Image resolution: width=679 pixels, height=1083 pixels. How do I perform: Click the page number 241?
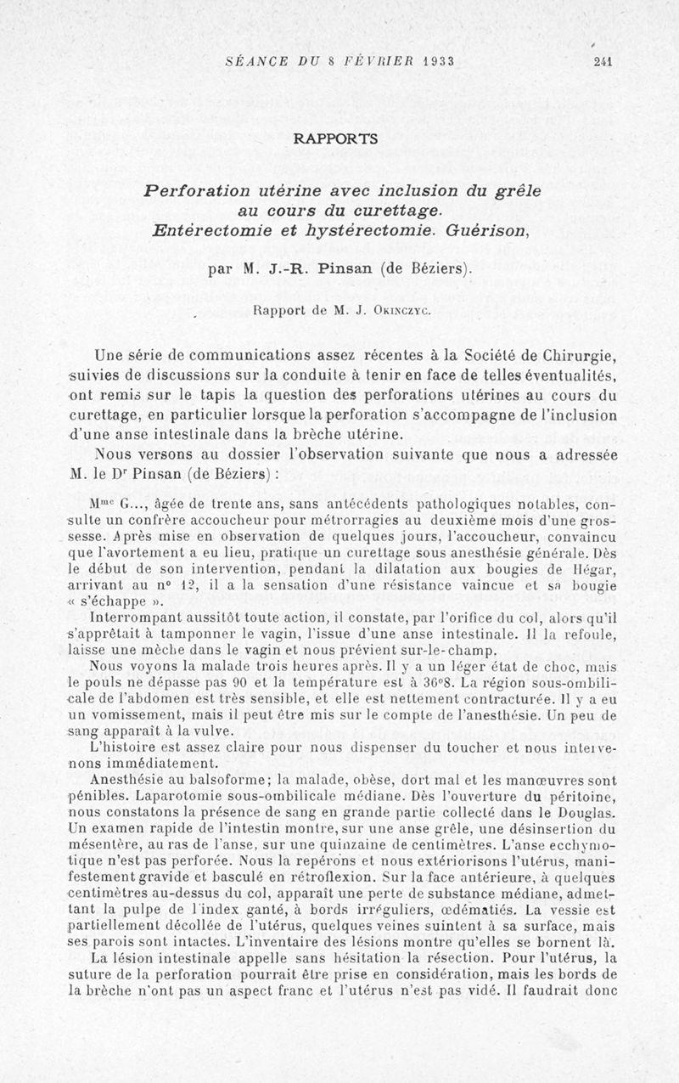[x=603, y=61]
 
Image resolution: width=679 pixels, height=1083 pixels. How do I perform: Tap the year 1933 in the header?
[x=435, y=61]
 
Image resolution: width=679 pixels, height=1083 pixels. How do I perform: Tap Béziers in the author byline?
[x=437, y=269]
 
